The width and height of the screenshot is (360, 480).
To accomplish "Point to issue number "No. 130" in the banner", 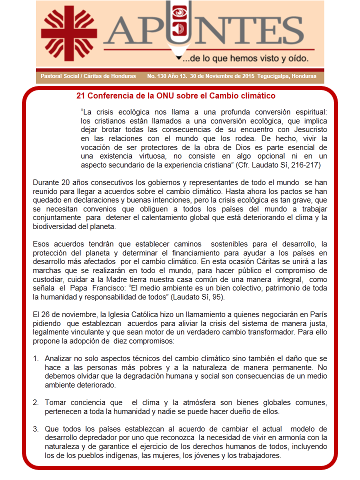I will click(158, 76).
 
